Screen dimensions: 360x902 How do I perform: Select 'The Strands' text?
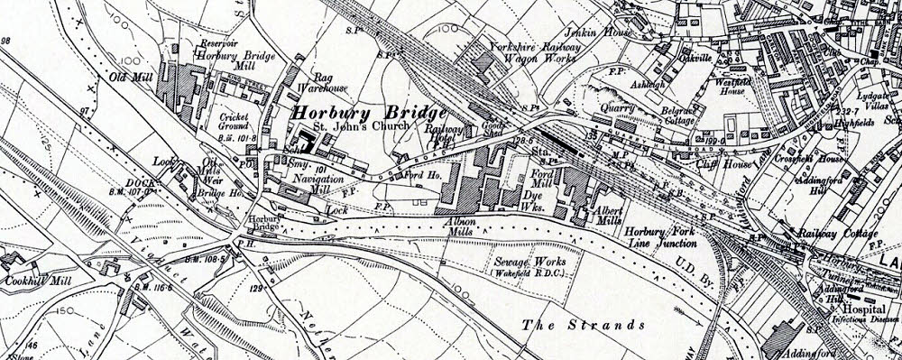584,322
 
